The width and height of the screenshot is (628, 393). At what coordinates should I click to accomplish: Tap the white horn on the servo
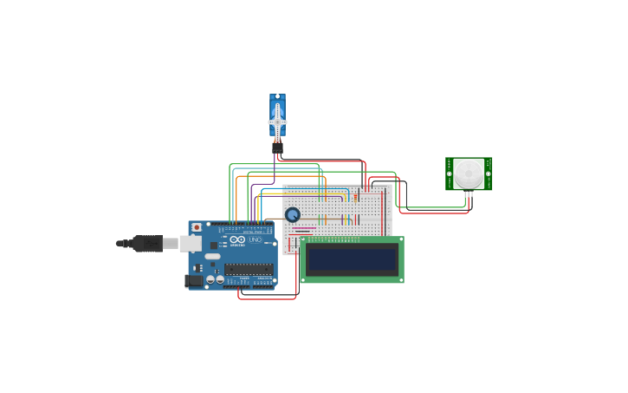coord(277,122)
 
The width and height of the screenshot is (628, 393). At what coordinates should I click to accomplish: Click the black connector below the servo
coord(277,147)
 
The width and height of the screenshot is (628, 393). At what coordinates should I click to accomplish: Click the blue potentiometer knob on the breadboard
coord(293,214)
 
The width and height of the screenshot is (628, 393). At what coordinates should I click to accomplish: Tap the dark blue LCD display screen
coord(352,259)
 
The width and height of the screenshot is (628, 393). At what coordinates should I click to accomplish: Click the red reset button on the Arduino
coord(197,227)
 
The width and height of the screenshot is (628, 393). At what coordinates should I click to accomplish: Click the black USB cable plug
coord(147,244)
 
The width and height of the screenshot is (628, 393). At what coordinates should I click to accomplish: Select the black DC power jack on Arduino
coord(193,280)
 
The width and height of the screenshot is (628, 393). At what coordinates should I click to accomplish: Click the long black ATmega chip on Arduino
coord(249,269)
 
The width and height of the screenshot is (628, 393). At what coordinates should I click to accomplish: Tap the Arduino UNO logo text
coord(239,240)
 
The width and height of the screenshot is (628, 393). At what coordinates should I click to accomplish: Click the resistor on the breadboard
coord(355,199)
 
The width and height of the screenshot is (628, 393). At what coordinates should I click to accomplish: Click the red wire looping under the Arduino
coord(267,298)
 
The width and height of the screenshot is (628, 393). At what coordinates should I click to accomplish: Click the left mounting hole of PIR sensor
coord(449,174)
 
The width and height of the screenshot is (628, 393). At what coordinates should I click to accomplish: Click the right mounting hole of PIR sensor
coord(489,174)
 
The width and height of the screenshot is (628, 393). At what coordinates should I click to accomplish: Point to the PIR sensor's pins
coord(469,194)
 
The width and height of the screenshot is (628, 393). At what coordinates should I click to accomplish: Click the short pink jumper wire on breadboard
coord(303,228)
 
